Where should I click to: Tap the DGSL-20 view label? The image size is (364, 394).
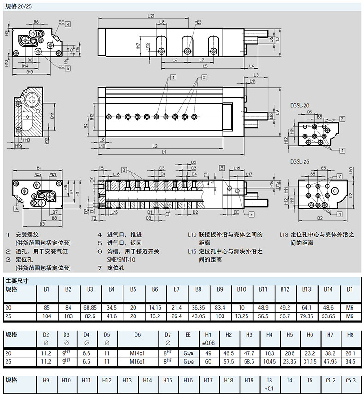(300, 105)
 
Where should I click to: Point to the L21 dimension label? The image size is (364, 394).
(152, 16)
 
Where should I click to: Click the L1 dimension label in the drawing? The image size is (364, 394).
(164, 152)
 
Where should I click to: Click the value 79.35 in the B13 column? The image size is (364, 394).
(306, 316)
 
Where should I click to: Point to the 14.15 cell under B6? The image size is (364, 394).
(155, 307)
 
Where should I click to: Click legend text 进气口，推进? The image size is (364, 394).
(125, 234)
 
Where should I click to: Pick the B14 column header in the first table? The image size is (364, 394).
(328, 290)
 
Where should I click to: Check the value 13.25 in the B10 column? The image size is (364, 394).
(242, 316)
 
